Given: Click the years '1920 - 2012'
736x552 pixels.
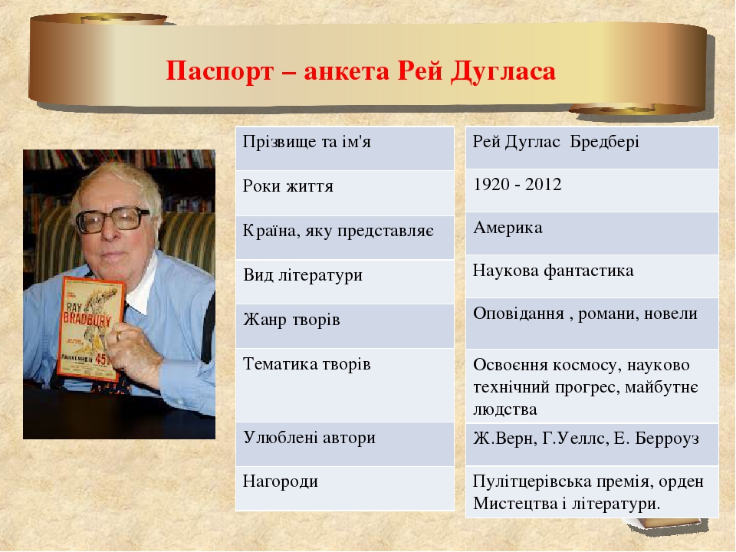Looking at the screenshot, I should [517, 185].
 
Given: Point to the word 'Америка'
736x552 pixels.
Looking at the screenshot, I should [508, 228].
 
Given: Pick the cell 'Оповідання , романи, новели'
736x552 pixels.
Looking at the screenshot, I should [585, 314].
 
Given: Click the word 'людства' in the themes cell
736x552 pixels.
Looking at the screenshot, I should [504, 409].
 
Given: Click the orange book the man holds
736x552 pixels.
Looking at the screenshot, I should [90, 330].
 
